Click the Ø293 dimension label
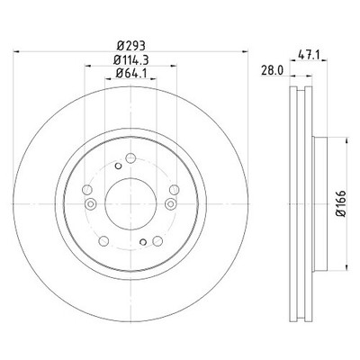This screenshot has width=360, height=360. [x=131, y=46]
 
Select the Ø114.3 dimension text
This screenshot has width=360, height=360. [x=131, y=60]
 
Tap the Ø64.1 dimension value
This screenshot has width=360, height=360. [x=131, y=73]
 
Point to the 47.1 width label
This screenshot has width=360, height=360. [x=309, y=55]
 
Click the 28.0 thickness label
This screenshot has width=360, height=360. [x=272, y=70]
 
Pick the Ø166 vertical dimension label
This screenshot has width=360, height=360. [x=341, y=203]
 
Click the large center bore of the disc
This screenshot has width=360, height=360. [x=130, y=203]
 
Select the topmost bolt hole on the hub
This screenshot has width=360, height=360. [x=130, y=158]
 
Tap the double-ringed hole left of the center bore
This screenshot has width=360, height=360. [x=90, y=204]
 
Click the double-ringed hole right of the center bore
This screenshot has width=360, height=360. [x=171, y=204]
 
